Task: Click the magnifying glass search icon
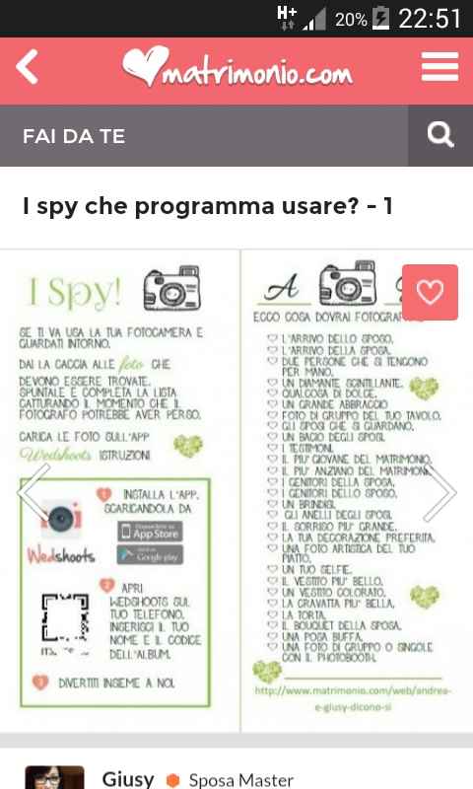pos(440,135)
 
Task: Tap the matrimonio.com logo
pos(236,69)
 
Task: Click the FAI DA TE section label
pos(74,136)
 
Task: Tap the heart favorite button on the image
pos(430,292)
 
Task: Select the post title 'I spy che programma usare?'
pos(208,206)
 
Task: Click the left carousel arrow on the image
pos(34,490)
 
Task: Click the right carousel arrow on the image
pos(439,490)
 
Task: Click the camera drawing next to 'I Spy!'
pos(172,289)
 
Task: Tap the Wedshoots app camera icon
pos(61,517)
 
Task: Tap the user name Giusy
pos(128,779)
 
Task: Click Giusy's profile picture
pos(54,777)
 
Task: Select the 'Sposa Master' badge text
pos(240,780)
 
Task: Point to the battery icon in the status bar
pos(381,18)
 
